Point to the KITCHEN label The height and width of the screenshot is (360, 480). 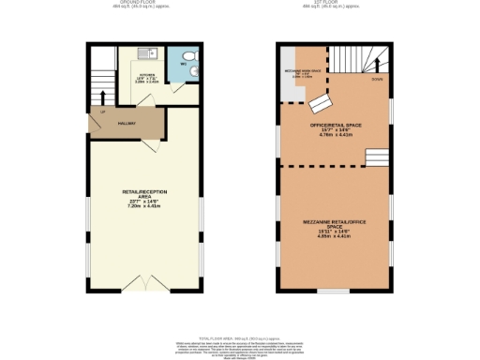click(x=146, y=73)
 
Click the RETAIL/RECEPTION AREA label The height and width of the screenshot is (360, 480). click(x=144, y=193)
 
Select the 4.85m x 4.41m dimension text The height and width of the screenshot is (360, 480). click(x=335, y=236)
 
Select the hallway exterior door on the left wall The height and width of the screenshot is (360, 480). click(x=89, y=123)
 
